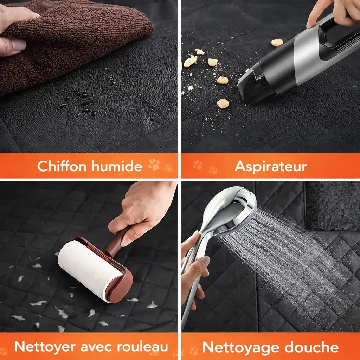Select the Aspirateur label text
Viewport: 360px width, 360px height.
tap(270, 166)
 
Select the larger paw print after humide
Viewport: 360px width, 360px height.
tap(154, 164)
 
